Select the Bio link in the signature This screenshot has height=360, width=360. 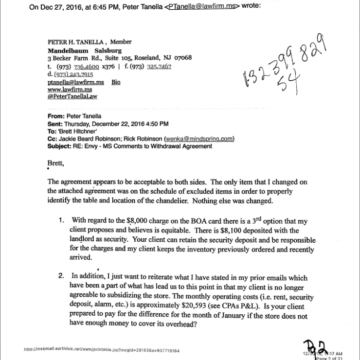pyautogui.click(x=116, y=82)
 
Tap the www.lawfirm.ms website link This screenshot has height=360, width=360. pyautogui.click(x=70, y=90)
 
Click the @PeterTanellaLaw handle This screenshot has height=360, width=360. pyautogui.click(x=72, y=96)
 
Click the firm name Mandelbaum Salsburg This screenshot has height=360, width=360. pyautogui.click(x=85, y=50)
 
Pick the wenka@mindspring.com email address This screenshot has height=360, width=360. pyautogui.click(x=199, y=139)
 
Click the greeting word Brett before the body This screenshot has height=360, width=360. pyautogui.click(x=55, y=162)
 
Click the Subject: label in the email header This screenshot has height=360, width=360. pyautogui.click(x=59, y=146)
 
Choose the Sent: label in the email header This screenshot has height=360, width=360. pyautogui.click(x=55, y=124)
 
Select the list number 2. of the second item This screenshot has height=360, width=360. pyautogui.click(x=61, y=276)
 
